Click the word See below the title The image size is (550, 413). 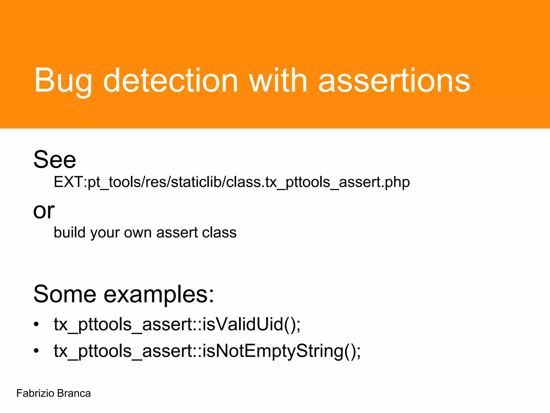[x=55, y=160]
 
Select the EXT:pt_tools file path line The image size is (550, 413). [x=231, y=182]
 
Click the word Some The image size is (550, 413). [x=65, y=294]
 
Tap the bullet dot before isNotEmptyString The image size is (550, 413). [x=37, y=351]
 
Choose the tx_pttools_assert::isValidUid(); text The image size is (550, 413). [x=177, y=324]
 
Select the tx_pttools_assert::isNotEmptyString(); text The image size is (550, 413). [x=207, y=351]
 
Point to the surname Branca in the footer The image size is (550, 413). [x=74, y=393]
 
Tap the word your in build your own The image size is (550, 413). [x=105, y=233]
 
